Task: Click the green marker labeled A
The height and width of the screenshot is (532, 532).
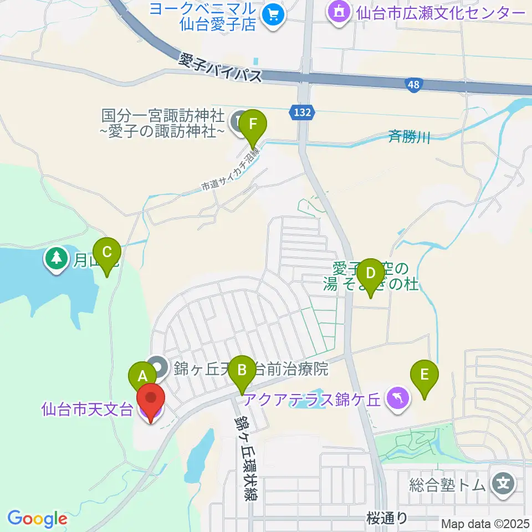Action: pyautogui.click(x=142, y=376)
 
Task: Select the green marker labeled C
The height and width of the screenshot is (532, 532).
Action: pyautogui.click(x=107, y=252)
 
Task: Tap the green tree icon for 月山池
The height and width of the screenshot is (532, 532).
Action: pyautogui.click(x=56, y=257)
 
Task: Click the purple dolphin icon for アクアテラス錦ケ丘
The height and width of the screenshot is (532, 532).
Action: pyautogui.click(x=397, y=398)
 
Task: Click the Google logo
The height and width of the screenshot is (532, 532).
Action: pyautogui.click(x=37, y=519)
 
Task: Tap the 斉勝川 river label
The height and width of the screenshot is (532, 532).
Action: pyautogui.click(x=408, y=135)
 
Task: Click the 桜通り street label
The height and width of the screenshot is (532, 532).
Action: pyautogui.click(x=388, y=519)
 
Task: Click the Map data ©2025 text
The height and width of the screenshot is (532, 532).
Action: pyautogui.click(x=485, y=524)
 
